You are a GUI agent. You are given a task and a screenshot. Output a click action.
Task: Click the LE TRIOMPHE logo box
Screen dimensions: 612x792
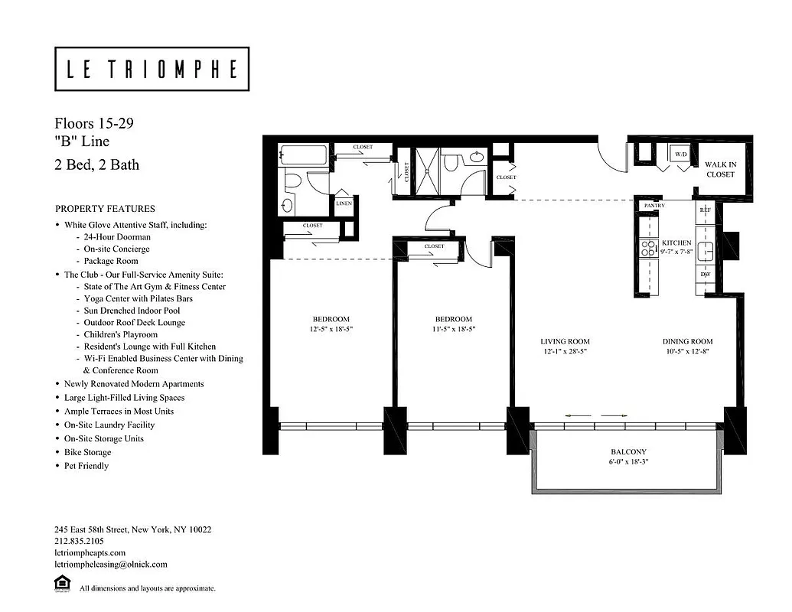tap(152, 69)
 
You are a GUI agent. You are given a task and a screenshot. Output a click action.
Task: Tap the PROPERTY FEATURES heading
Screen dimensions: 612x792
tap(105, 209)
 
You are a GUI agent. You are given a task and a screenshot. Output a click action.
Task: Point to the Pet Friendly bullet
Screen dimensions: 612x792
tap(86, 466)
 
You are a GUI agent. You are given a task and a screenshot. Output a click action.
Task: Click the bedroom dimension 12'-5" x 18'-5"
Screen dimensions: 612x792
tap(331, 329)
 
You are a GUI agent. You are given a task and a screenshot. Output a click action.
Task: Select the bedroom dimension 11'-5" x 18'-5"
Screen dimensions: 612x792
tap(453, 329)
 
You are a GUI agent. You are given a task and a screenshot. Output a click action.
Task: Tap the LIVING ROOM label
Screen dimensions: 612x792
tap(565, 342)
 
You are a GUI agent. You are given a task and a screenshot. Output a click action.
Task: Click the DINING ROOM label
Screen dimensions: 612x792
tap(687, 342)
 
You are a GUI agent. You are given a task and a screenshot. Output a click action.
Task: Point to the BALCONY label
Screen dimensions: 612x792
tap(628, 452)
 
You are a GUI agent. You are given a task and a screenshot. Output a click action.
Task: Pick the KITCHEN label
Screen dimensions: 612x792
tap(677, 243)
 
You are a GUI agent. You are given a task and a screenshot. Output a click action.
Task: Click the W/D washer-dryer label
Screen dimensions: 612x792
tap(680, 155)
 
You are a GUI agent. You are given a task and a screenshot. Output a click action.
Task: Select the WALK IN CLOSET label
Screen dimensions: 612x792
tap(720, 169)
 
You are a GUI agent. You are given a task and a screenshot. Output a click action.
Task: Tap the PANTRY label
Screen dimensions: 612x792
tap(654, 206)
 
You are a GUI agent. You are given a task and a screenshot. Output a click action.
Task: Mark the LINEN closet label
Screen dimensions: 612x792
tap(344, 204)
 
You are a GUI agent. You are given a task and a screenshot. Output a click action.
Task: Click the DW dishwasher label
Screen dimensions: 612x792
tap(705, 274)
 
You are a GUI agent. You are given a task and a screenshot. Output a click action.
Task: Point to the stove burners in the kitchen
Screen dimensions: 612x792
tap(647, 248)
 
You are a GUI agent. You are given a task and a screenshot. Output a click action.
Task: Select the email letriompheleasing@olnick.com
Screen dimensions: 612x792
tap(110, 565)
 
